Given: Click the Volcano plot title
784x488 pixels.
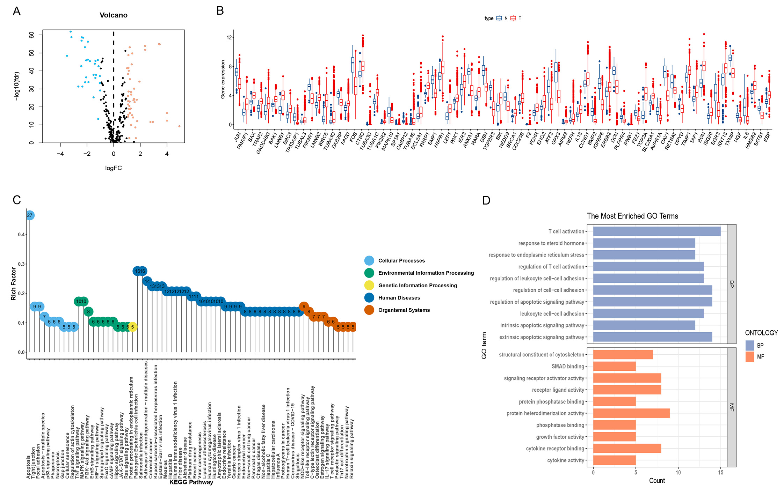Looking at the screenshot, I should pos(114,15).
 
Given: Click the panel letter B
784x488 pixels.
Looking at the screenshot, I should pos(220,11).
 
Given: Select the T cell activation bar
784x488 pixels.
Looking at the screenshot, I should pos(656,231).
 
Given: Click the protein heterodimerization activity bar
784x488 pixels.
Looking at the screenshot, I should pos(631,413).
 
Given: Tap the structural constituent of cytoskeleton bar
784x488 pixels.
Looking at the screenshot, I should pos(623,355).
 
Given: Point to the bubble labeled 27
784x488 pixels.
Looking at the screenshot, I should pos(30,215).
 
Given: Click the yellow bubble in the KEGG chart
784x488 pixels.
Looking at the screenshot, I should pos(132,327).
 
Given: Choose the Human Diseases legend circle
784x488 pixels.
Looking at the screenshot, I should pos(369,298).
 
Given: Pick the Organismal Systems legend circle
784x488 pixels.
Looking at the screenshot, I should pos(369,310).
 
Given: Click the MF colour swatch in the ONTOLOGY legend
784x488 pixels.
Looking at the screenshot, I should pos(749,357).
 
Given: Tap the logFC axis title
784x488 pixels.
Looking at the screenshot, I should pos(114,168).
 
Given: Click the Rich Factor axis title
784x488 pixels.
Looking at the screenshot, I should pos(14,284).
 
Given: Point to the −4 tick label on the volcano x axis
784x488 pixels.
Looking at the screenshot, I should pos(60,154).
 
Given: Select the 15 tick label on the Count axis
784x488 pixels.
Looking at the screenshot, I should pos(720,473).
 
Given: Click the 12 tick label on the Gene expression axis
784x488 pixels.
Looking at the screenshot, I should pos(229,37).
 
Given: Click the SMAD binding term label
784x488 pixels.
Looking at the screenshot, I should pos(568,367).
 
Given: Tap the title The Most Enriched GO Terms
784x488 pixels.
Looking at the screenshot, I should pos(632,216).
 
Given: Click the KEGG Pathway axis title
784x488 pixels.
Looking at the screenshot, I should pos(191,482).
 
